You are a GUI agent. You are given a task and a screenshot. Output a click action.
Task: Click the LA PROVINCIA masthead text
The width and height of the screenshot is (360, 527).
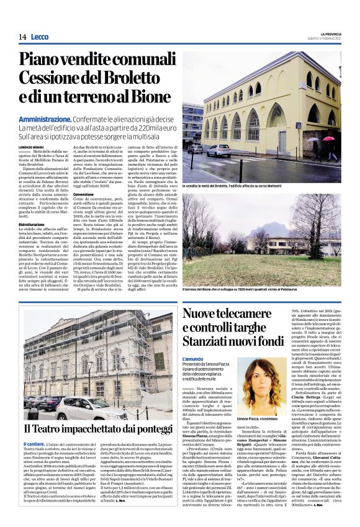(331, 33)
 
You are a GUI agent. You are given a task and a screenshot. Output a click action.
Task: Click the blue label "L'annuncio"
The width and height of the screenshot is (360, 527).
(193, 359)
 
